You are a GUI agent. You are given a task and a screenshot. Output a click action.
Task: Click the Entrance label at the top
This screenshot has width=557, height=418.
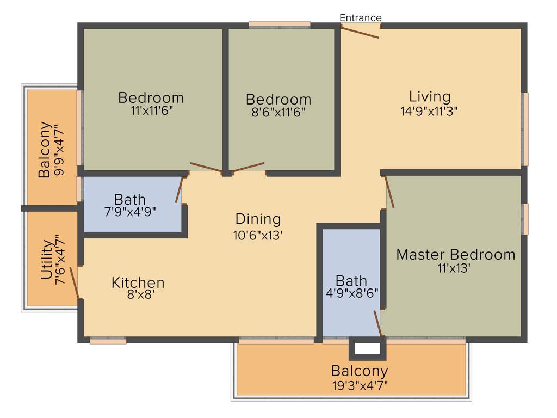tap(360, 18)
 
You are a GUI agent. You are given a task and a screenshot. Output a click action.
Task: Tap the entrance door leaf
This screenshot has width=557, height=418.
tap(360, 33)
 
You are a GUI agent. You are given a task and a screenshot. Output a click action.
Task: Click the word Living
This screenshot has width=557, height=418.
tap(430, 96)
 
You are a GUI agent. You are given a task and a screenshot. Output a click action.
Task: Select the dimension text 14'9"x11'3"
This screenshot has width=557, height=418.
tap(429, 111)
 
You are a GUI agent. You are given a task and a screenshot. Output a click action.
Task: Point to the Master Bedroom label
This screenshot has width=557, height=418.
tap(455, 254)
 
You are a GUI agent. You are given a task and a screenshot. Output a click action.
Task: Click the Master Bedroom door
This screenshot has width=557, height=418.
tap(389, 192)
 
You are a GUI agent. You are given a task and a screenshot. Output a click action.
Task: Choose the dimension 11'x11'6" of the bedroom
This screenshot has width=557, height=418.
tap(151, 112)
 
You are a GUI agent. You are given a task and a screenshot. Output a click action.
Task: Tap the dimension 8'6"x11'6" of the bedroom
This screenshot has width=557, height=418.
tap(278, 113)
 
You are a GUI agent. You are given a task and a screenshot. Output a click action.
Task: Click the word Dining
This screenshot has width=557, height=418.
tap(258, 219)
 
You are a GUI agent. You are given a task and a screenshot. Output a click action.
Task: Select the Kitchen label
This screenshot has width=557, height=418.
tap(138, 282)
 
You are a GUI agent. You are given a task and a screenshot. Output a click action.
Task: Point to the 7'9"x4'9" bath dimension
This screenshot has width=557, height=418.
tap(130, 212)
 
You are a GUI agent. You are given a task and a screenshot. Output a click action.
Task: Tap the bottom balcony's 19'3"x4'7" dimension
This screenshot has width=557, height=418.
tap(360, 385)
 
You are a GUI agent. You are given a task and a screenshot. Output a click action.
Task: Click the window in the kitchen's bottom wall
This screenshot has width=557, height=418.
tap(108, 341)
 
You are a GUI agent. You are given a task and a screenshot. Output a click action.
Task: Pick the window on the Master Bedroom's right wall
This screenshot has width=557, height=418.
tap(525, 219)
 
